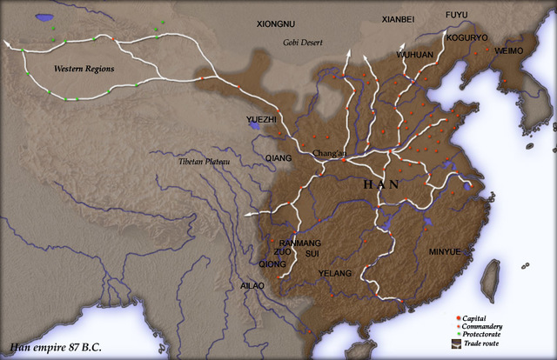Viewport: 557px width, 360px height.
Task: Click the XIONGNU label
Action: coord(277,25)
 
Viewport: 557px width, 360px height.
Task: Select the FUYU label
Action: coord(458,16)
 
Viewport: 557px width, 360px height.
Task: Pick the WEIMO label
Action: coord(508,52)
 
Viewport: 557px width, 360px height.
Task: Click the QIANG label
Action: coord(280,158)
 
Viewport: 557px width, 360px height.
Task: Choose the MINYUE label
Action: coord(445,252)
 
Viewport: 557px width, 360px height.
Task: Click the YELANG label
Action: coord(335,273)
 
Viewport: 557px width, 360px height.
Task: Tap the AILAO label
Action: coord(252,285)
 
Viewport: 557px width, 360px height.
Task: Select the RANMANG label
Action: coord(299,243)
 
